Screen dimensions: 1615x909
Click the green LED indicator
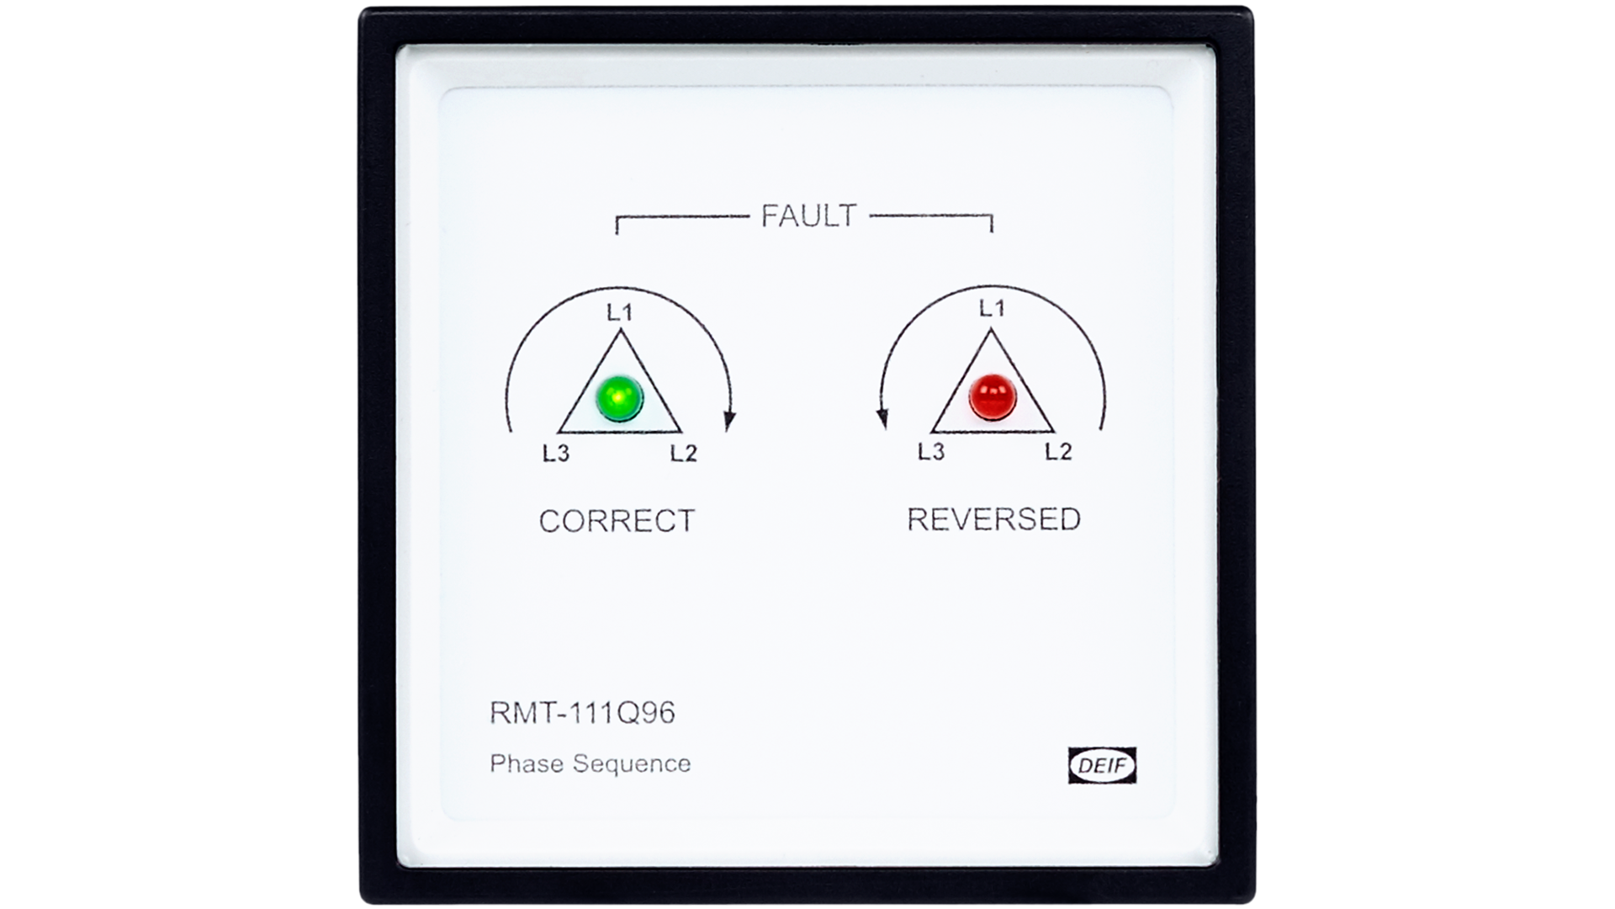click(619, 397)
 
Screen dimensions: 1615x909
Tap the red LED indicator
click(993, 396)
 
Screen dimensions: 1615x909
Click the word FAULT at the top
click(808, 216)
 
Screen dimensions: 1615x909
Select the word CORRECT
click(617, 521)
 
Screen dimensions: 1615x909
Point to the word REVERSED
click(993, 519)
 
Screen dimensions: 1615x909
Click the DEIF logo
click(1102, 765)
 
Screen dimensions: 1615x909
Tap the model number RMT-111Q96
click(582, 713)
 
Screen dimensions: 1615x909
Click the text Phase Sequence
click(590, 763)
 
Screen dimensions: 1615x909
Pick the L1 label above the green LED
click(620, 313)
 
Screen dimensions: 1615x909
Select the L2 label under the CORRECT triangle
click(684, 454)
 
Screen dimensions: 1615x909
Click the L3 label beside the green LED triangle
click(556, 454)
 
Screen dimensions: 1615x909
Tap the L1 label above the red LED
click(993, 309)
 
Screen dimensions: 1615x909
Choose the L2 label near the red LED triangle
click(1058, 452)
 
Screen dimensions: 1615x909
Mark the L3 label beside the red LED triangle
click(931, 452)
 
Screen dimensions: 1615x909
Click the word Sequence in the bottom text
click(632, 764)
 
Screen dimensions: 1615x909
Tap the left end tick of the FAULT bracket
click(617, 225)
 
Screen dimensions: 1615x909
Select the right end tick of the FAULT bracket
click(992, 224)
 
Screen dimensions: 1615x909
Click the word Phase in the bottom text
click(527, 763)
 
